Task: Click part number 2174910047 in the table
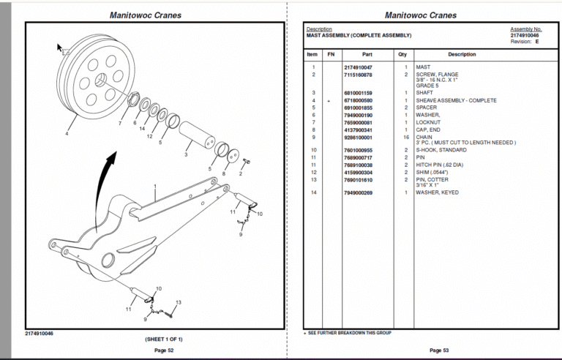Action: (x=358, y=67)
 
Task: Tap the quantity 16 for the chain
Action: (x=405, y=137)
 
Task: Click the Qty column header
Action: (x=402, y=54)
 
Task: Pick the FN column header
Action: (x=330, y=54)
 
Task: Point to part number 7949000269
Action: (x=358, y=192)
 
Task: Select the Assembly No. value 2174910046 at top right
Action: (x=525, y=35)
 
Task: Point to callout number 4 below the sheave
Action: (x=67, y=134)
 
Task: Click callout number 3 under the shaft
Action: (x=186, y=155)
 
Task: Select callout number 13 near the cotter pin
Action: (x=179, y=302)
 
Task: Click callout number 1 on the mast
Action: (x=155, y=187)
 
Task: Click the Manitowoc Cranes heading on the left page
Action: (x=146, y=15)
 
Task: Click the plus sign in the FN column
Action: (x=329, y=100)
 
